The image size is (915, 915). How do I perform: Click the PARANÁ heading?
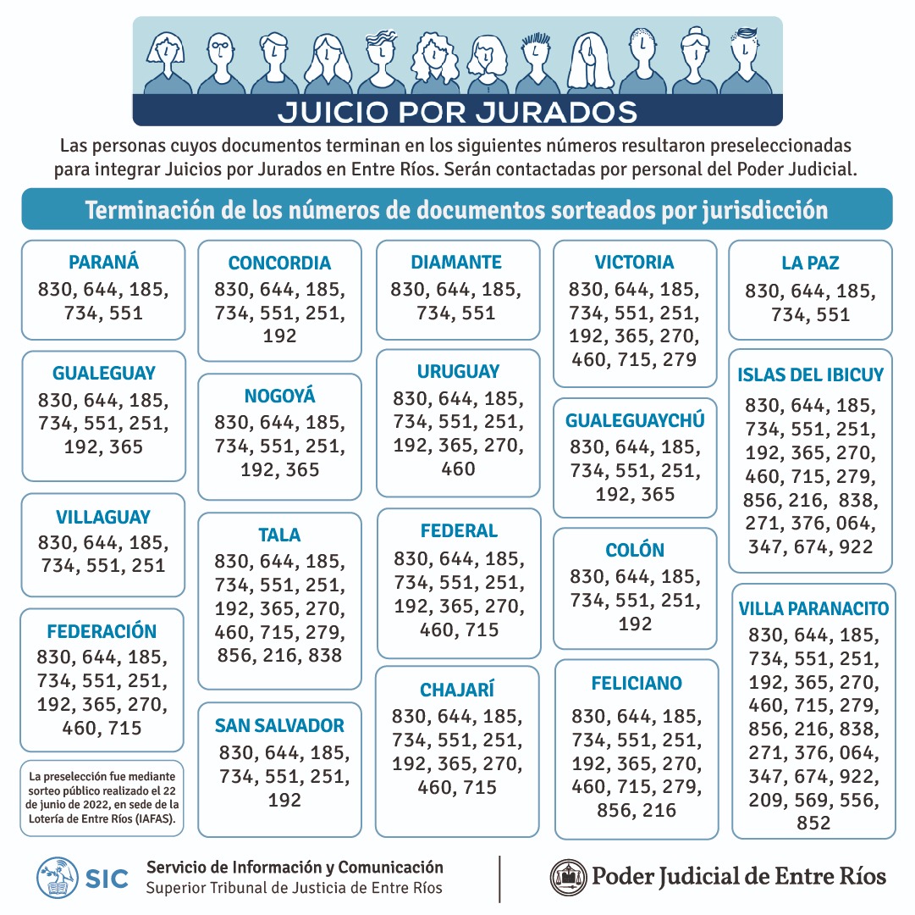[x=104, y=262]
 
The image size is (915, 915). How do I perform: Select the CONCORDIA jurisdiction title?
[x=279, y=263]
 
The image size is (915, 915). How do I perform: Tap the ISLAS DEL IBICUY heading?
[x=811, y=374]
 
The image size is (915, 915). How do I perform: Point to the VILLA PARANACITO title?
[x=813, y=609]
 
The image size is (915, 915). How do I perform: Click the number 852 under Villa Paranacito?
[x=813, y=823]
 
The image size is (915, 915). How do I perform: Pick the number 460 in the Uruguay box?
[x=458, y=469]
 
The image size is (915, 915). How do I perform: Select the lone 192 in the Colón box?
[x=635, y=624]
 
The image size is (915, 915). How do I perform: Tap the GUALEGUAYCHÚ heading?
[x=635, y=420]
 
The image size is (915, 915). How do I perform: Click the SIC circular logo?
[x=58, y=878]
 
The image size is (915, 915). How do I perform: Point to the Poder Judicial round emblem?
[x=568, y=878]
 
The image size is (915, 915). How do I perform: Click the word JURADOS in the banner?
[x=556, y=112]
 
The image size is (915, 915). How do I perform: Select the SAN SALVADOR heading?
[x=279, y=726]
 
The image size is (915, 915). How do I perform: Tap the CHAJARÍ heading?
[x=457, y=690]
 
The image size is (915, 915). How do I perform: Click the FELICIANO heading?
[x=637, y=683]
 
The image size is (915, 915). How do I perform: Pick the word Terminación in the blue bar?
[x=150, y=210]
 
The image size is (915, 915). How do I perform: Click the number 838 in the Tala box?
[x=325, y=656]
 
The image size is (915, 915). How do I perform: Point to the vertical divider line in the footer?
[x=500, y=879]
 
